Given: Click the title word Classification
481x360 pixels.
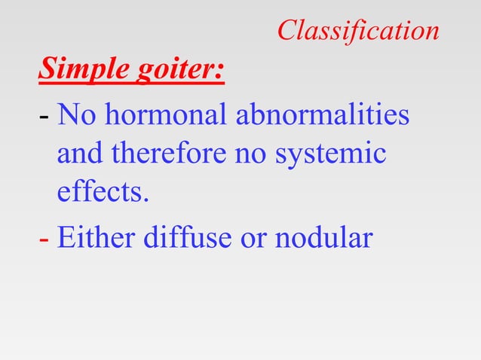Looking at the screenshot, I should [357, 30].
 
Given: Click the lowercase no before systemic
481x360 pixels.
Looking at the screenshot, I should [252, 155].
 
